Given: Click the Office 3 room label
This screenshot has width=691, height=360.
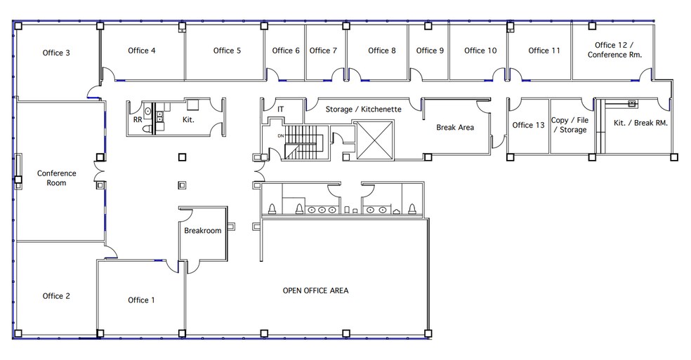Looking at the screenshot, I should point(56,53).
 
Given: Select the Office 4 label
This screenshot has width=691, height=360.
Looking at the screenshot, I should point(142,51).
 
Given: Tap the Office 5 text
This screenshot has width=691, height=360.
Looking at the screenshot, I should point(227,51).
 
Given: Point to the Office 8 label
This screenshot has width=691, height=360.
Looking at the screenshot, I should point(381,51).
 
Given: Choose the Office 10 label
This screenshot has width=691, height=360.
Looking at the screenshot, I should point(480,51).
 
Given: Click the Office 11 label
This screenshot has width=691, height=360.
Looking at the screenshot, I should point(544,51).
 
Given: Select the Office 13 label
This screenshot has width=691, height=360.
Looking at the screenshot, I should point(528,125).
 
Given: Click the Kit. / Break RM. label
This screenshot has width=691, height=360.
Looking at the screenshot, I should point(640,123).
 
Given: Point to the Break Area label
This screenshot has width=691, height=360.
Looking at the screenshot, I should point(455,127).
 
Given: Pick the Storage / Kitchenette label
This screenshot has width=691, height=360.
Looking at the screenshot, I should point(363,109).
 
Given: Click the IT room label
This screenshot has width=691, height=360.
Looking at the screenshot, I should point(281,109).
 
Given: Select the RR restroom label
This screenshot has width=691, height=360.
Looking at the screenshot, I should point(138,120).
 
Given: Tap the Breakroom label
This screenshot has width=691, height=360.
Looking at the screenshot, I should point(202,230).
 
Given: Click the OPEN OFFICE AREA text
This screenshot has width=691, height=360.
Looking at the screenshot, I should point(315,290).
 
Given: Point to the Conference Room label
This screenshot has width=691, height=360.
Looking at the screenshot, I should point(57,178).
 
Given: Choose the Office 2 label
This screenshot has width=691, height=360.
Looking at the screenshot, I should point(56,296).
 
